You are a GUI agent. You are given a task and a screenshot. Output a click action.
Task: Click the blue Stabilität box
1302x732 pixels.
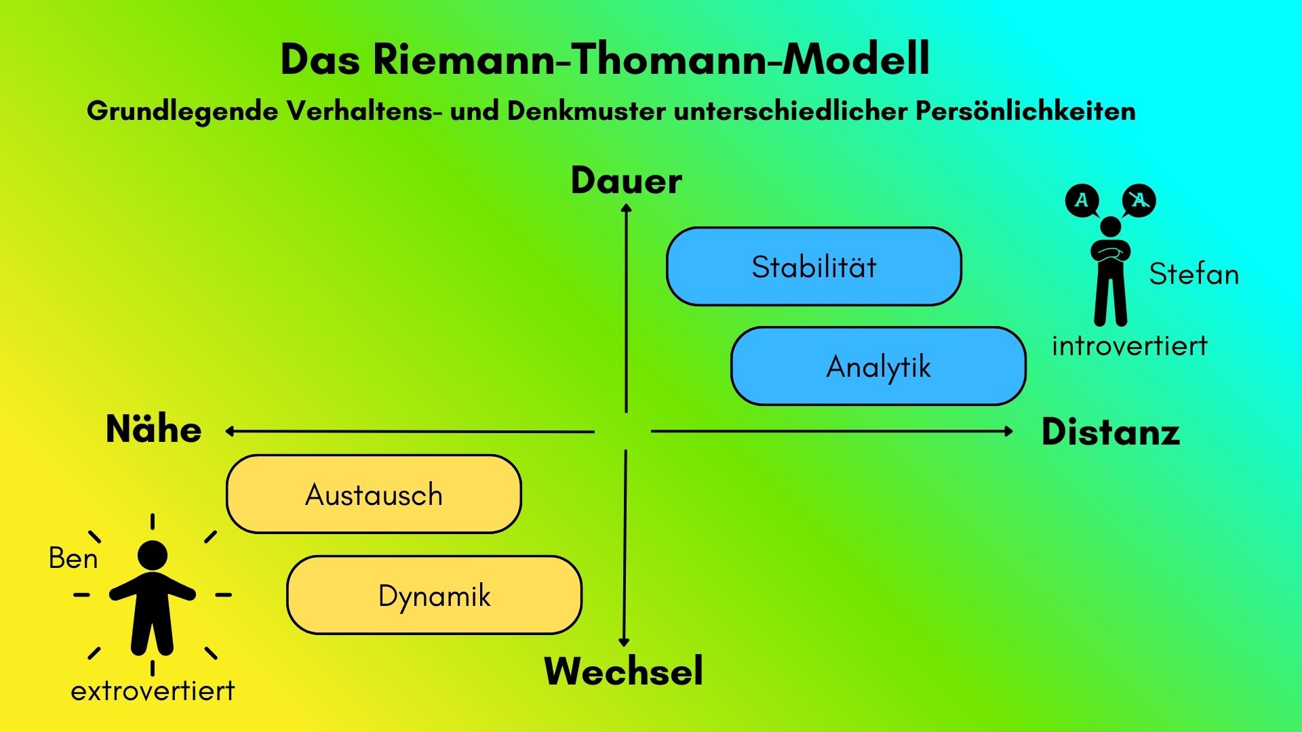pyautogui.click(x=814, y=266)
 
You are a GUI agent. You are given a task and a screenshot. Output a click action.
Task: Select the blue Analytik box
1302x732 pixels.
pyautogui.click(x=878, y=366)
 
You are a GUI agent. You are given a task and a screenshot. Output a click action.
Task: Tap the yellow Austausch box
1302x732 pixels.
pyautogui.click(x=374, y=494)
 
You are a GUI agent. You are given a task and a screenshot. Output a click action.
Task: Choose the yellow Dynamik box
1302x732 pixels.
pyautogui.click(x=434, y=595)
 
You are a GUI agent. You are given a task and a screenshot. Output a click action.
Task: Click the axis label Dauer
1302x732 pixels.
pyautogui.click(x=626, y=181)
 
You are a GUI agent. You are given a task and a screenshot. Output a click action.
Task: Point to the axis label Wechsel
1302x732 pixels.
pyautogui.click(x=623, y=671)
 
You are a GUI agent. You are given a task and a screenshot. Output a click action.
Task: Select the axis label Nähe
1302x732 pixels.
pyautogui.click(x=154, y=430)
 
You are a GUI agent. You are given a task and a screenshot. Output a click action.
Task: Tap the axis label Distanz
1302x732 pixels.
pyautogui.click(x=1111, y=432)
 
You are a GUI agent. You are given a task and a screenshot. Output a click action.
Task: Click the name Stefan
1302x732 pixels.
pyautogui.click(x=1193, y=274)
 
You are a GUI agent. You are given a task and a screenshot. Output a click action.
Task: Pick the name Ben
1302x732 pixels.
pyautogui.click(x=73, y=558)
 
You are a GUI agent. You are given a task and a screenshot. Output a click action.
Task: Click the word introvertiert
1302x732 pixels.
pyautogui.click(x=1130, y=346)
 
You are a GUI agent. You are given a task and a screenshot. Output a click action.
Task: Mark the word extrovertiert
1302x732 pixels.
pyautogui.click(x=153, y=691)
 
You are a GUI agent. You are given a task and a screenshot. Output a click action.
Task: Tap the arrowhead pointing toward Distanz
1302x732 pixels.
pyautogui.click(x=1009, y=431)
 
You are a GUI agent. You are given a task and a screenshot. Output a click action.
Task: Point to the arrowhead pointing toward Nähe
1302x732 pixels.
pyautogui.click(x=230, y=431)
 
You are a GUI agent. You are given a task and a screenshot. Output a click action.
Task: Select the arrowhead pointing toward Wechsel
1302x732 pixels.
pyautogui.click(x=624, y=643)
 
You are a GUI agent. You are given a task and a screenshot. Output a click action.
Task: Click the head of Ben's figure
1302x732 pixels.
pyautogui.click(x=153, y=555)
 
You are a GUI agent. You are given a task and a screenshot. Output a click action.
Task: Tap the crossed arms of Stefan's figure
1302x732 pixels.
pyautogui.click(x=1110, y=252)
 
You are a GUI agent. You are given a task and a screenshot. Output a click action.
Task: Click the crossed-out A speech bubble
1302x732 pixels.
pyautogui.click(x=1139, y=200)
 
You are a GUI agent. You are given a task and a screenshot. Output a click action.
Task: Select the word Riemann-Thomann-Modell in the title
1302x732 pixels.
pyautogui.click(x=651, y=60)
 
